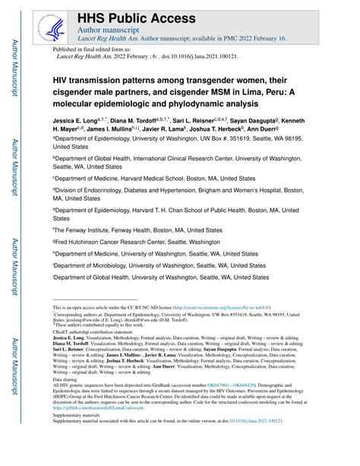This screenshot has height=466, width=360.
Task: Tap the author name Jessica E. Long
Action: click(79, 121)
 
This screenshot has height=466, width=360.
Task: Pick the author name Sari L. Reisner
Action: click(206, 121)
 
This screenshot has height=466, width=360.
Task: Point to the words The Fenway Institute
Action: click(84, 229)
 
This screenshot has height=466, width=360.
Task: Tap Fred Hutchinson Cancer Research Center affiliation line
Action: click(137, 241)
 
